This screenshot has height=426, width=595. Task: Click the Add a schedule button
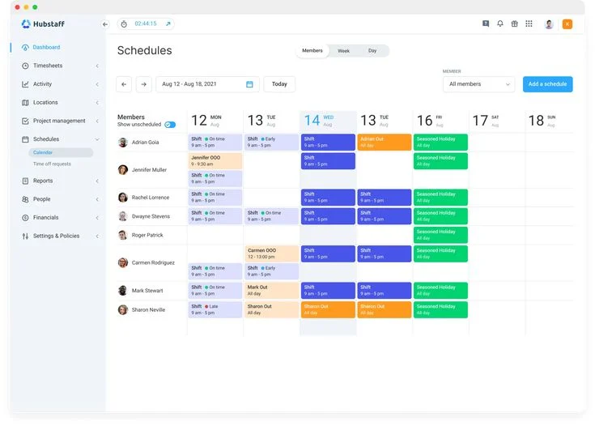pyautogui.click(x=547, y=84)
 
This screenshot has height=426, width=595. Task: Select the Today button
pyautogui.click(x=279, y=84)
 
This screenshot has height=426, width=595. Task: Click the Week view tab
pyautogui.click(x=343, y=51)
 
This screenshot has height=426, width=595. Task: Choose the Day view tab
pyautogui.click(x=372, y=51)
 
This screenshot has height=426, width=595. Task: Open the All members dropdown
pyautogui.click(x=478, y=84)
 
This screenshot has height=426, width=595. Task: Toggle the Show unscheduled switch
pyautogui.click(x=170, y=125)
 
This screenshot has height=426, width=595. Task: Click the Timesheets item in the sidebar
pyautogui.click(x=48, y=66)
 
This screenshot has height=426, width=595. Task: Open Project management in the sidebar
pyautogui.click(x=59, y=121)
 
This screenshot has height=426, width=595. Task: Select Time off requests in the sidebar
pyautogui.click(x=52, y=164)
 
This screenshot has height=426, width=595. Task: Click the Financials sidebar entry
pyautogui.click(x=45, y=217)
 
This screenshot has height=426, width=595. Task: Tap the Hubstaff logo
pyautogui.click(x=44, y=24)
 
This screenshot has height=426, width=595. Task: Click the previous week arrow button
pyautogui.click(x=124, y=84)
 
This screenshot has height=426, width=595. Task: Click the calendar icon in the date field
pyautogui.click(x=249, y=84)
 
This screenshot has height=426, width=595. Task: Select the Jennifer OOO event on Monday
pyautogui.click(x=215, y=160)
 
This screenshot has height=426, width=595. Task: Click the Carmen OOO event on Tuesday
pyautogui.click(x=271, y=253)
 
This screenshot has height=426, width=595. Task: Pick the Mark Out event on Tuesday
pyautogui.click(x=271, y=291)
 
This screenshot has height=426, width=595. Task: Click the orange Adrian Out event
pyautogui.click(x=385, y=142)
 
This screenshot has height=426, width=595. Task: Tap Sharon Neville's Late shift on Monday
pyautogui.click(x=215, y=309)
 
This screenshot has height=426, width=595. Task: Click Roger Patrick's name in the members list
pyautogui.click(x=147, y=235)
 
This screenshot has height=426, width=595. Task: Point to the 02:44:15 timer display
pyautogui.click(x=146, y=24)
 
